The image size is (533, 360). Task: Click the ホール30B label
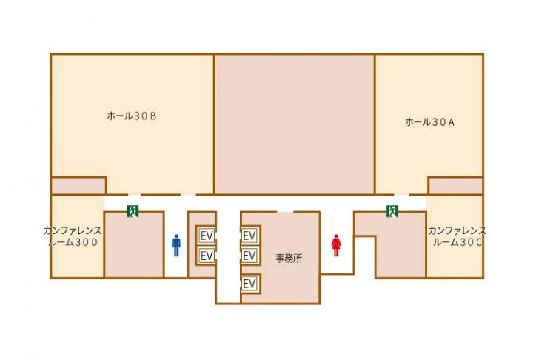pos(132,116)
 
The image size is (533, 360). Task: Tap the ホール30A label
pos(429,121)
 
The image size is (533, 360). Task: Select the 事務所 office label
pos(289,259)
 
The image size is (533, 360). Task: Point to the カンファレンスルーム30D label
pos(73,236)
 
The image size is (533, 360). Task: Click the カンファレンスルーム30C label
pos(457,236)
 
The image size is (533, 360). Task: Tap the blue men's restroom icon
pos(176,245)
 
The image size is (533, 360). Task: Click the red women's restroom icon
pos(336,245)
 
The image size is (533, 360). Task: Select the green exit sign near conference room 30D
pos(133,211)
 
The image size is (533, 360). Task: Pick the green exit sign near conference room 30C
pos(392,211)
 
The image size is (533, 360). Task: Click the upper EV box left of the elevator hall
pos(207,236)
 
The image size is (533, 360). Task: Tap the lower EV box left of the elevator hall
pos(207,256)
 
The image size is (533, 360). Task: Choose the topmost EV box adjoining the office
pos(249,236)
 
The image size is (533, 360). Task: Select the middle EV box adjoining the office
pos(249,256)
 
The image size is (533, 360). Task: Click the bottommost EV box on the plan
pos(249,283)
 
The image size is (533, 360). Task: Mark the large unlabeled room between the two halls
pos(295,124)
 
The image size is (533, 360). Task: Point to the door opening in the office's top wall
pos(285,212)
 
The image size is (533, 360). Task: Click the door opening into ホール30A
pos(401,195)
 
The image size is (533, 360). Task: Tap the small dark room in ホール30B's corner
pos(78,186)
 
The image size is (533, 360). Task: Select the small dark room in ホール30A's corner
pos(455,186)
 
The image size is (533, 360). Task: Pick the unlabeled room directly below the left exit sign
pos(134,245)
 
